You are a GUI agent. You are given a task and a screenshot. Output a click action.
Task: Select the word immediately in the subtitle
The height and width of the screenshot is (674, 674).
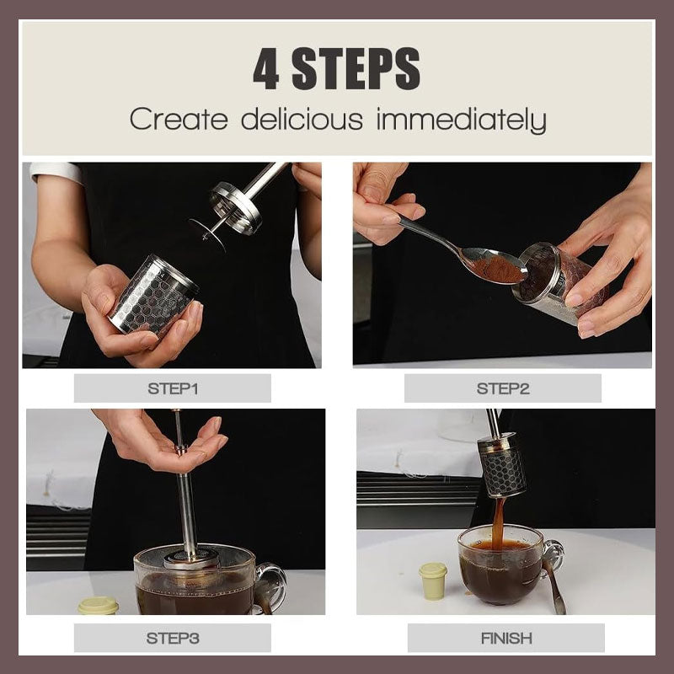point(461,120)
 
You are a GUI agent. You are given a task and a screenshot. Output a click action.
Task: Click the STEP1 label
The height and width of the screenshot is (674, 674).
point(172,388)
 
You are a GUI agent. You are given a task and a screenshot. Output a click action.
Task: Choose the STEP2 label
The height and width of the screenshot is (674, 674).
point(502,388)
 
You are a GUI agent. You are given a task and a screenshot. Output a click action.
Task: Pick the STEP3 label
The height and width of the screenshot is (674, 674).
point(172,638)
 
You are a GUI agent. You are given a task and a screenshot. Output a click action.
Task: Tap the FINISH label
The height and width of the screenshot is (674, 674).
point(505,638)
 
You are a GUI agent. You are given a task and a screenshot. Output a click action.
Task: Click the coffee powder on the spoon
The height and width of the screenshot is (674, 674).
point(502,269)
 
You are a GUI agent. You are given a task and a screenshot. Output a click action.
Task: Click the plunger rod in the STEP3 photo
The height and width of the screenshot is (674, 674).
point(187,505)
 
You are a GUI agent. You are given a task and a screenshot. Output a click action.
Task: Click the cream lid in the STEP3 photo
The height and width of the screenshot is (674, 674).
point(98,604)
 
